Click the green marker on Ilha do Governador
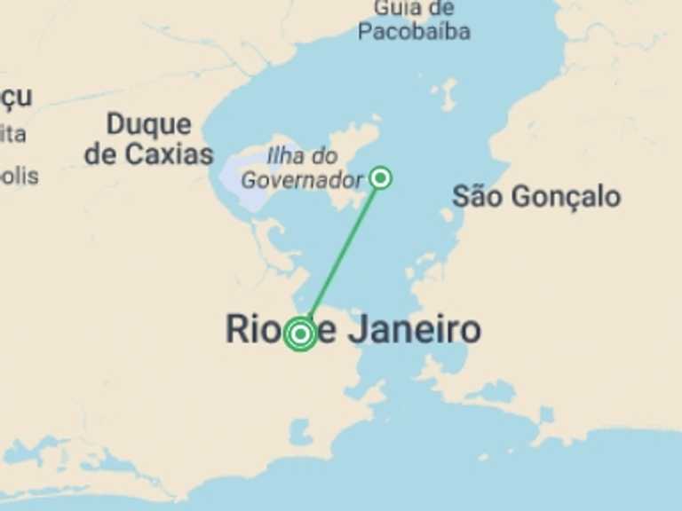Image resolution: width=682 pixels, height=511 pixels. (381, 177)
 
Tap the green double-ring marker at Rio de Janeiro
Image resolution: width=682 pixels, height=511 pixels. (300, 334)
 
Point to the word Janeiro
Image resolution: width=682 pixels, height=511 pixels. (414, 330)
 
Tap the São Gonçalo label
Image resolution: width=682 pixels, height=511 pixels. (536, 197)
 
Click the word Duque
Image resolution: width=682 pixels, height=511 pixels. (148, 124)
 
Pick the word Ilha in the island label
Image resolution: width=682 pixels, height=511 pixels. (285, 156)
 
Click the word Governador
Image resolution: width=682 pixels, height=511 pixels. (302, 180)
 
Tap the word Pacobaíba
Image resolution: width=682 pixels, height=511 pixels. (414, 32)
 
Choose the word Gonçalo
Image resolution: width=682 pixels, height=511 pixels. (563, 197)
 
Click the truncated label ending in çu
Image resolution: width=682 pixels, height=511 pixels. (16, 98)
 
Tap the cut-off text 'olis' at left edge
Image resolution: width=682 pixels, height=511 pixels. (19, 176)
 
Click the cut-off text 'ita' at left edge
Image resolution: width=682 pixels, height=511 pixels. (12, 135)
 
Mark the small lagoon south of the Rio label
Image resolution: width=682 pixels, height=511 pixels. (300, 432)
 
